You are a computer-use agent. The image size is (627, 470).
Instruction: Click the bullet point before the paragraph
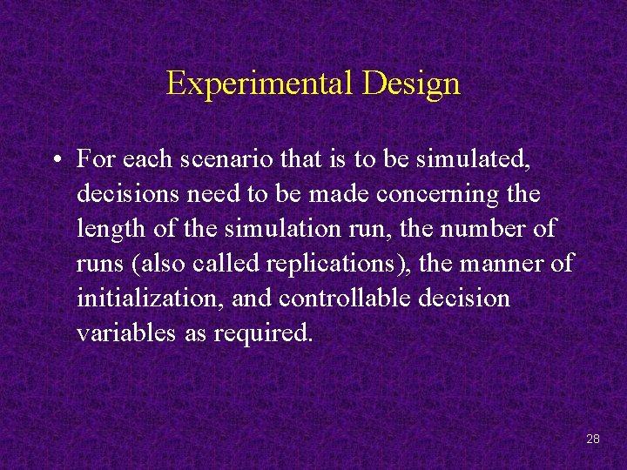pyautogui.click(x=55, y=159)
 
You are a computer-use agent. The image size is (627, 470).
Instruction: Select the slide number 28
pyautogui.click(x=593, y=439)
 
